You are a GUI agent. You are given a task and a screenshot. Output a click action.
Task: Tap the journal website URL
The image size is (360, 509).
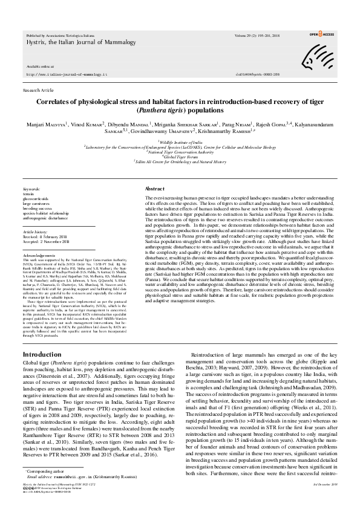pyautogui.click(x=59, y=74)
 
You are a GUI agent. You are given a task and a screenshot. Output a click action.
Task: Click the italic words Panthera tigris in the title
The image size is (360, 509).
pyautogui.click(x=155, y=111)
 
